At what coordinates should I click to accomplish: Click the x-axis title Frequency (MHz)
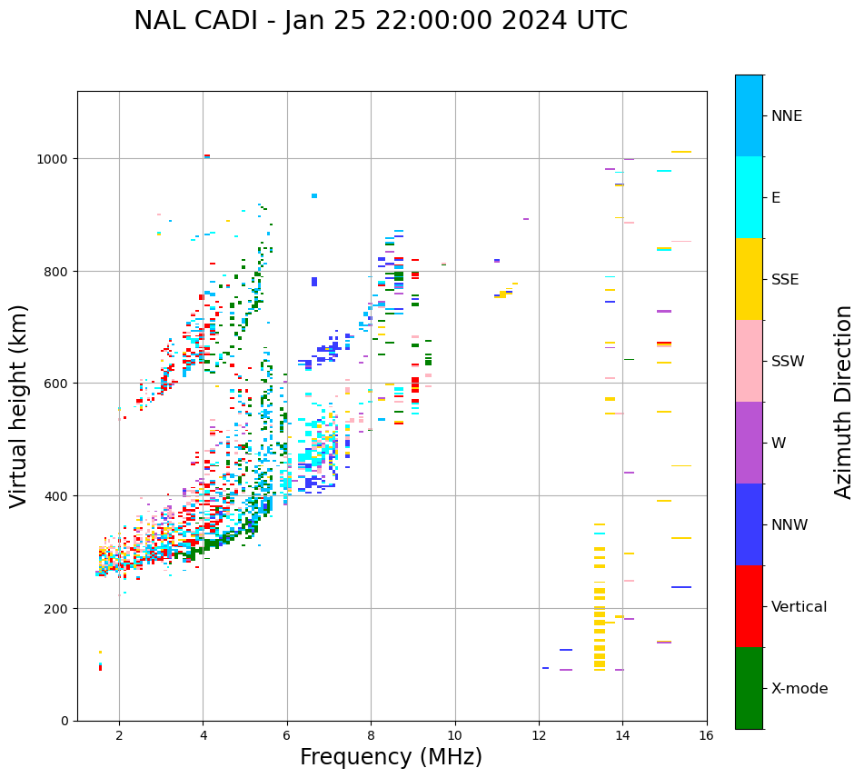(x=391, y=757)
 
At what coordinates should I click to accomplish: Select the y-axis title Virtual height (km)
(x=20, y=406)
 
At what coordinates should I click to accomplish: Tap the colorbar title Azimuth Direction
(x=844, y=402)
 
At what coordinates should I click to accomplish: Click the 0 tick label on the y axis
(x=65, y=721)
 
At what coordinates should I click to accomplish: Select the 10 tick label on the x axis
(x=454, y=735)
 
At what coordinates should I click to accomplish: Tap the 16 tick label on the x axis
(x=707, y=735)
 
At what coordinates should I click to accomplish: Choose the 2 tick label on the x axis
(x=119, y=735)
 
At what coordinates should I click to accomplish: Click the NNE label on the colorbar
(x=787, y=116)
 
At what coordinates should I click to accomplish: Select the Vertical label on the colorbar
(x=799, y=607)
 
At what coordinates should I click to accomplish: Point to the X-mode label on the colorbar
(x=799, y=689)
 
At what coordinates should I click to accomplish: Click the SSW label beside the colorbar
(x=788, y=362)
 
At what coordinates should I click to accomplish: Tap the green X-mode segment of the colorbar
(x=749, y=688)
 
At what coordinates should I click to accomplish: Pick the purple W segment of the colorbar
(x=749, y=443)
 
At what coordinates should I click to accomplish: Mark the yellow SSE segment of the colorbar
(x=749, y=279)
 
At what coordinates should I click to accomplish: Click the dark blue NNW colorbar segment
(x=749, y=524)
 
